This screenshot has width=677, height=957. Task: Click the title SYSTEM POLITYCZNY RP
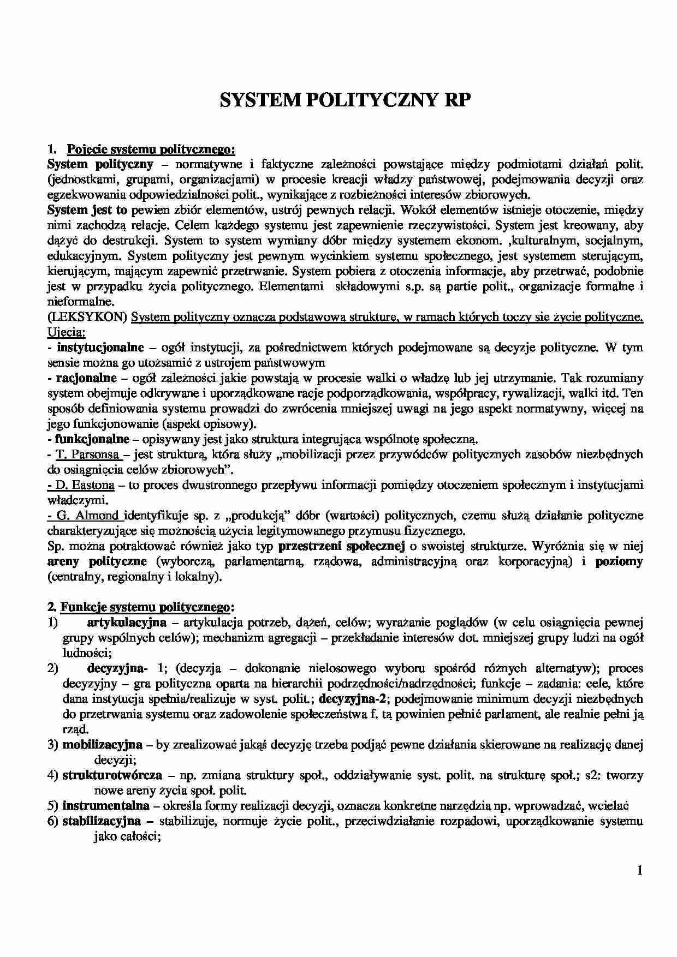pyautogui.click(x=344, y=101)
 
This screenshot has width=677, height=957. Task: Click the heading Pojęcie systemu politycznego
pyautogui.click(x=151, y=149)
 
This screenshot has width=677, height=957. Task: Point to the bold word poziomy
pyautogui.click(x=619, y=561)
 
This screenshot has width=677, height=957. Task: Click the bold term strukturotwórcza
pyautogui.click(x=112, y=775)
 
